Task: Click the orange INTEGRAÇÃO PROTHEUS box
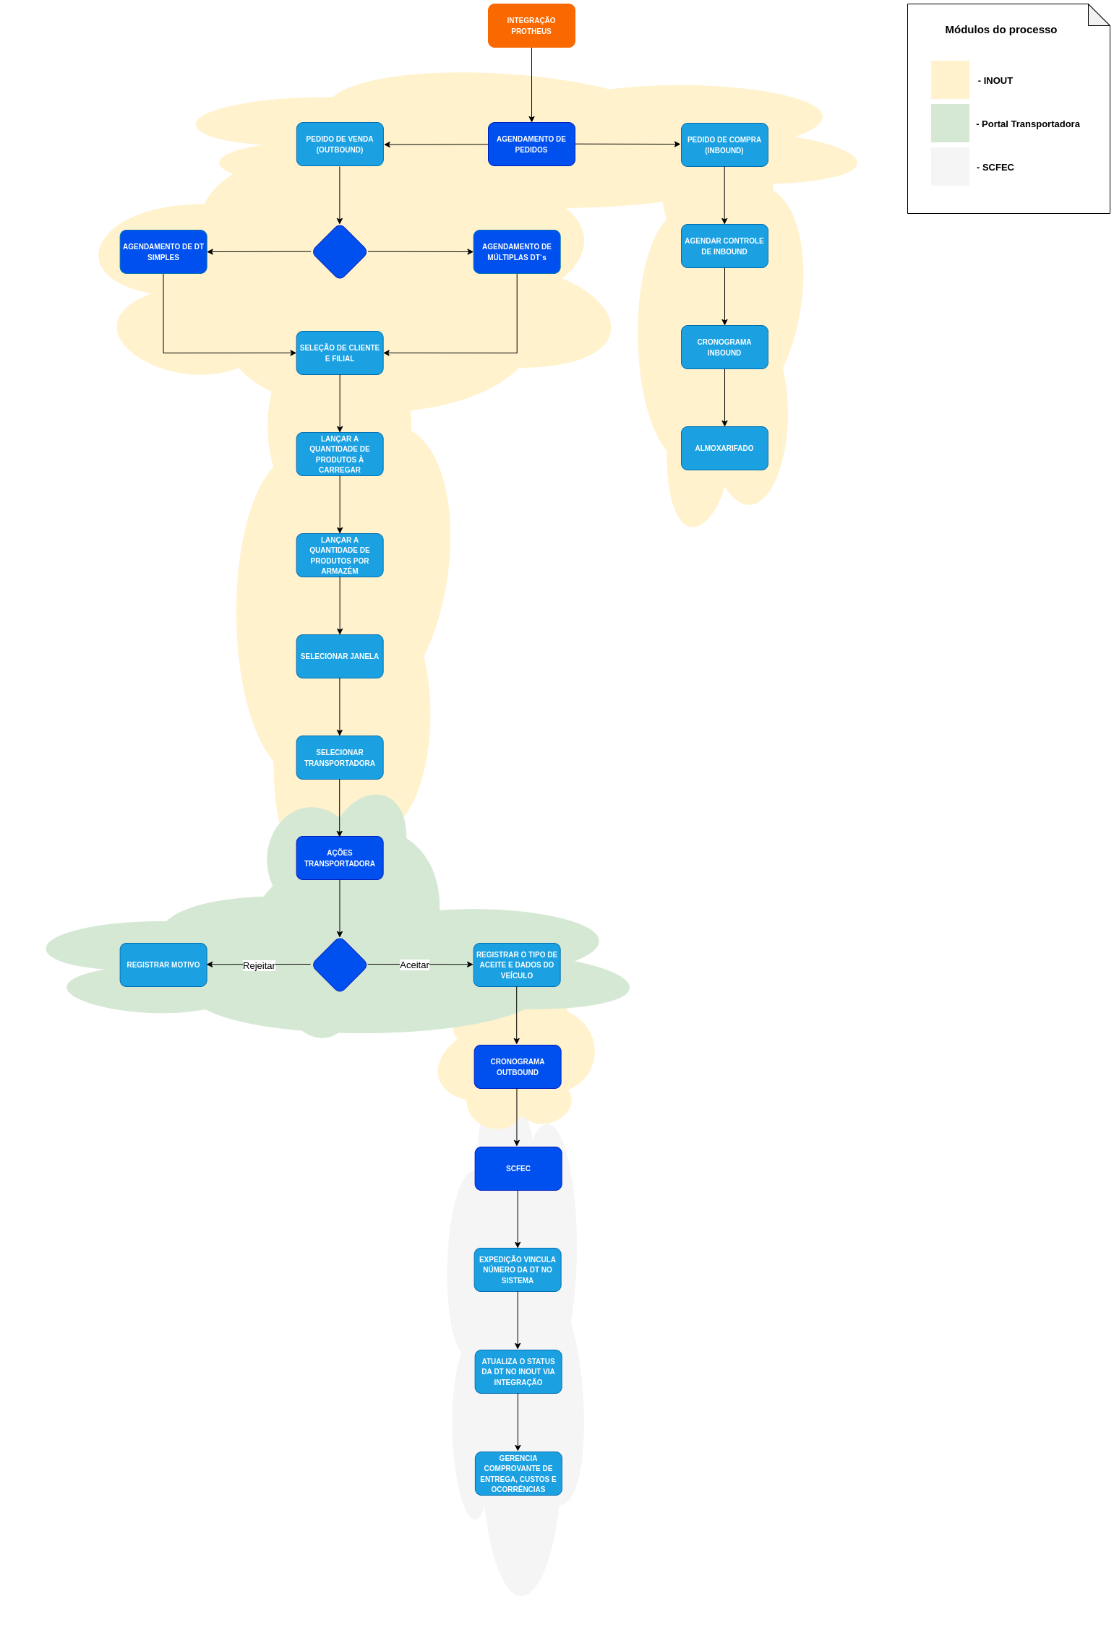(x=531, y=26)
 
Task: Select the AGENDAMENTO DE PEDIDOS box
(x=531, y=145)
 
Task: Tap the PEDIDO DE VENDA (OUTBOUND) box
(x=340, y=145)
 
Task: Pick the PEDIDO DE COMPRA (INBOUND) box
(x=724, y=145)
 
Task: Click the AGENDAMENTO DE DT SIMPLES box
(x=163, y=252)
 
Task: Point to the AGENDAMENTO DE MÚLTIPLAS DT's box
(x=517, y=252)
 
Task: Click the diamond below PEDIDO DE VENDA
(x=340, y=252)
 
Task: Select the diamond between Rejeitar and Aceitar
(x=340, y=965)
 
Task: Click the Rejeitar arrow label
(x=259, y=966)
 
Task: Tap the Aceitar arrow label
(x=414, y=965)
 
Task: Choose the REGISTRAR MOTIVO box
(x=163, y=965)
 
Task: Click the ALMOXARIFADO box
(x=724, y=449)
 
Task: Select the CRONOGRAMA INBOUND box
(x=724, y=348)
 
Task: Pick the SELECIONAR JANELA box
(x=340, y=657)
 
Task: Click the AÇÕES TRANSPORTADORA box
(x=340, y=858)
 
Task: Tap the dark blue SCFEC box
(x=518, y=1169)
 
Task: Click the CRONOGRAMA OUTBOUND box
(x=518, y=1067)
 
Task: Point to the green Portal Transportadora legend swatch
(x=950, y=124)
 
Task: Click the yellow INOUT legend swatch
(x=950, y=80)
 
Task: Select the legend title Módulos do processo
(x=1001, y=30)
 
